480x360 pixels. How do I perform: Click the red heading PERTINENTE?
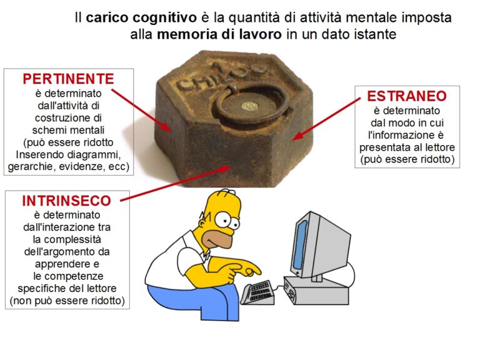click(68, 79)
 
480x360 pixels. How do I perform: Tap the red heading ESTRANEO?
click(407, 96)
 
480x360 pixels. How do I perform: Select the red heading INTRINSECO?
click(66, 201)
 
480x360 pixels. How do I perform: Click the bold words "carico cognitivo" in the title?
click(141, 17)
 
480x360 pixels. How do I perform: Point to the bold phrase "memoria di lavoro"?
click(219, 34)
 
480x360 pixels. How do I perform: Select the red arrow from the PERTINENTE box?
click(141, 111)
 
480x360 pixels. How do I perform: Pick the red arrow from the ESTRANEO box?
click(326, 119)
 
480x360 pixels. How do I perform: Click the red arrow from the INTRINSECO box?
click(176, 184)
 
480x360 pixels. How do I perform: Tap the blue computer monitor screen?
click(300, 244)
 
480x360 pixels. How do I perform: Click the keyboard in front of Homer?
click(257, 292)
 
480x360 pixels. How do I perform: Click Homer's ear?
click(202, 223)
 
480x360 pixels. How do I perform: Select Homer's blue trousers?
click(196, 301)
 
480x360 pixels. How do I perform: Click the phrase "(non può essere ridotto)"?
click(67, 301)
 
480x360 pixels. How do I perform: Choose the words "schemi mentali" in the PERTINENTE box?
click(68, 130)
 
